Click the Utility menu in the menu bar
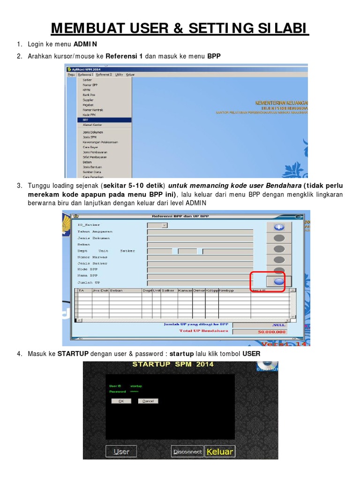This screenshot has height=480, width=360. tap(119, 75)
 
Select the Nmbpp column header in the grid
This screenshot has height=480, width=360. tap(226, 291)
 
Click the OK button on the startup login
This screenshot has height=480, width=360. tap(121, 401)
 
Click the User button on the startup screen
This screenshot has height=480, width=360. tap(121, 451)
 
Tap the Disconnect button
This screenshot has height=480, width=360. tap(187, 451)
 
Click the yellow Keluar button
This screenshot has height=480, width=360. tap(219, 451)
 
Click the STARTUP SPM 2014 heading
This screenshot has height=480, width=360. tap(172, 364)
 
